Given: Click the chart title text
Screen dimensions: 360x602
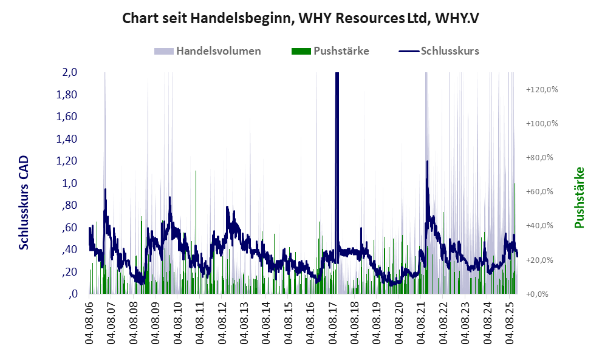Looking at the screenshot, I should pyautogui.click(x=301, y=18).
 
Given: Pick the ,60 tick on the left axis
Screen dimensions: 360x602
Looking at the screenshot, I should pyautogui.click(x=69, y=228).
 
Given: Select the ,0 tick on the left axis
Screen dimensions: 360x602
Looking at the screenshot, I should pyautogui.click(x=72, y=294).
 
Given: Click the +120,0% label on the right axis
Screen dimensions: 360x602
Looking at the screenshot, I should pyautogui.click(x=541, y=89).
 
